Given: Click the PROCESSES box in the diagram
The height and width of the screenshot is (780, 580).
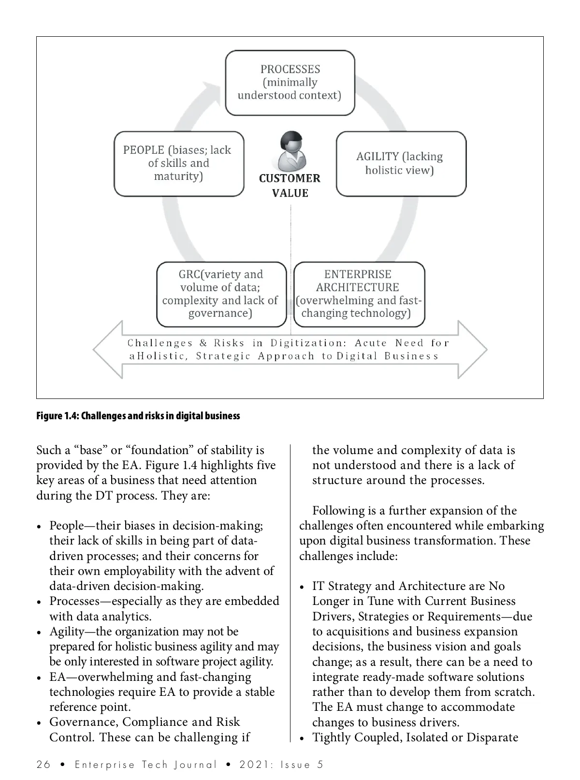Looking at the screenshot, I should [x=290, y=83].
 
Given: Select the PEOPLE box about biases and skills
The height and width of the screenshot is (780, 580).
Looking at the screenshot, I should [x=179, y=163].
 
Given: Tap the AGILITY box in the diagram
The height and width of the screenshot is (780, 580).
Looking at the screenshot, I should [x=401, y=163].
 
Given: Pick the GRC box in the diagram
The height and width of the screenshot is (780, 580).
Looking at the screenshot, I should [x=221, y=294].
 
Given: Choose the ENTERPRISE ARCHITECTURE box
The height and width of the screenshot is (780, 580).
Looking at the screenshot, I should [x=359, y=294].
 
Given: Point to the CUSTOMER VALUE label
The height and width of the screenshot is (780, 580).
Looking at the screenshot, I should [x=290, y=186].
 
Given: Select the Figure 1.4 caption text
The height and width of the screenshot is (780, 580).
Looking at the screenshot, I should [x=138, y=416].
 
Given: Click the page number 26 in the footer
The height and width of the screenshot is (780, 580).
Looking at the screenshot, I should [x=43, y=765].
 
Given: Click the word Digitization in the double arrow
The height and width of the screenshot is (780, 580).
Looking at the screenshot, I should [x=308, y=343].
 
